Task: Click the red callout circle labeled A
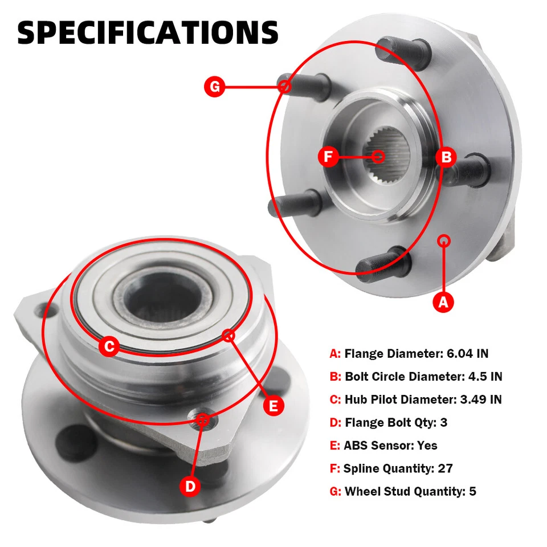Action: pyautogui.click(x=444, y=303)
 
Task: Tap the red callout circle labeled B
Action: pyautogui.click(x=447, y=157)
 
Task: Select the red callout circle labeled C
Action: pyautogui.click(x=109, y=346)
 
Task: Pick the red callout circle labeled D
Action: pyautogui.click(x=190, y=486)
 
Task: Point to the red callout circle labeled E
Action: pyautogui.click(x=274, y=405)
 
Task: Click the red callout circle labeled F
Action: pyautogui.click(x=328, y=157)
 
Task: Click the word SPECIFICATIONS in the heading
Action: pyautogui.click(x=148, y=32)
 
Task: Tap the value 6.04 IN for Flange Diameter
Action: pyautogui.click(x=466, y=353)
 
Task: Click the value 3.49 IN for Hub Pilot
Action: pyautogui.click(x=479, y=399)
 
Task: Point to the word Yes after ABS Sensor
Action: pyautogui.click(x=427, y=446)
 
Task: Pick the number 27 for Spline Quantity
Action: pyautogui.click(x=445, y=468)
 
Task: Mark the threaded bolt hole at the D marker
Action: pyautogui.click(x=203, y=421)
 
